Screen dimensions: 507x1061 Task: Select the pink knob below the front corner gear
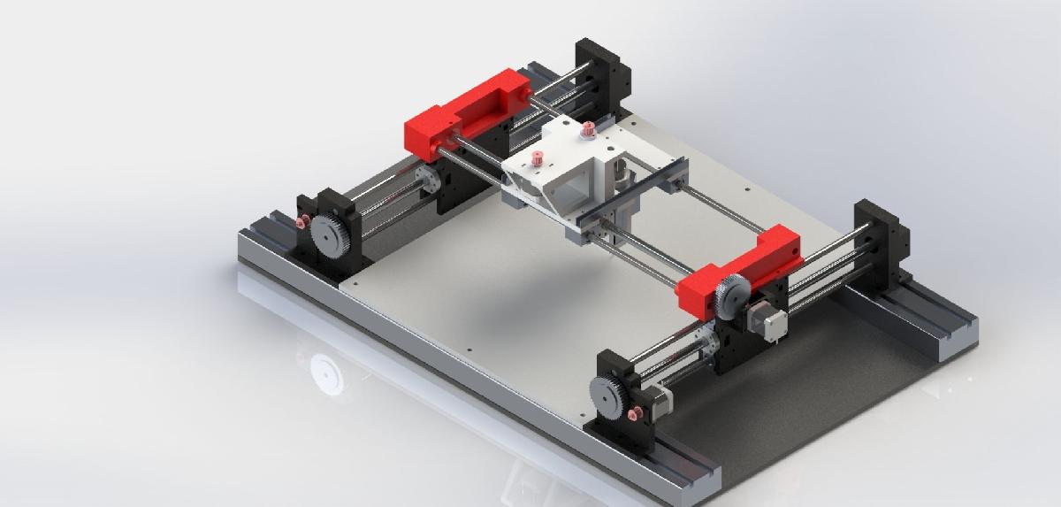[x=631, y=416]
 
